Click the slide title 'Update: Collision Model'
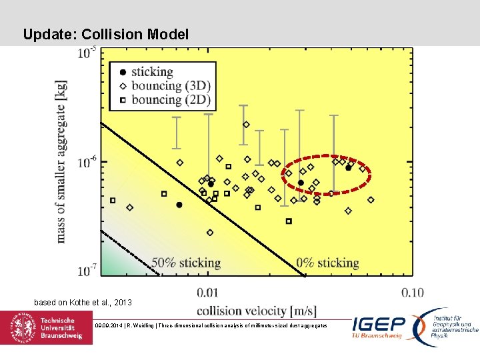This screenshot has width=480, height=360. [x=105, y=34]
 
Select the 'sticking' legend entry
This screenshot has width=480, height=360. [x=152, y=72]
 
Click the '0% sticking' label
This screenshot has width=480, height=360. [x=327, y=263]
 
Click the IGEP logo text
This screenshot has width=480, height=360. [x=378, y=325]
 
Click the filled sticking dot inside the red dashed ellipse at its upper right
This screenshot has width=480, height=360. [x=348, y=168]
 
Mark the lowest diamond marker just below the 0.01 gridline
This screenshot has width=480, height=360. [x=210, y=233]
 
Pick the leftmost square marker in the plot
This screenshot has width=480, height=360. [x=113, y=200]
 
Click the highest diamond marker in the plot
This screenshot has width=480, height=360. [x=246, y=125]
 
